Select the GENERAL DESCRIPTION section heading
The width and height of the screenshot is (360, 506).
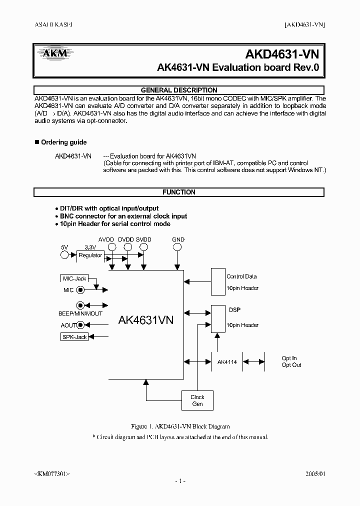(x=179, y=90)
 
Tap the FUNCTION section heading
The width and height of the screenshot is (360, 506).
(x=179, y=192)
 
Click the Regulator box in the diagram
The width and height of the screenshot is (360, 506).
(x=90, y=255)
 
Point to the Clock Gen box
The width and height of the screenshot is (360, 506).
(x=197, y=400)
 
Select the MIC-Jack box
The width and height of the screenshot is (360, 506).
(x=74, y=278)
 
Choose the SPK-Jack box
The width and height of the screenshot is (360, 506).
(x=74, y=337)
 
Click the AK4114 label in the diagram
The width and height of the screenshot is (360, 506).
(x=227, y=361)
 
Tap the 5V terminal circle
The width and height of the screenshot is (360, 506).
(x=64, y=255)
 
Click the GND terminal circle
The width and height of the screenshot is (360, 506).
(x=177, y=247)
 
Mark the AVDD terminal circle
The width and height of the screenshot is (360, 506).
(x=112, y=247)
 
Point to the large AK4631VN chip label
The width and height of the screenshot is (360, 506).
(x=145, y=320)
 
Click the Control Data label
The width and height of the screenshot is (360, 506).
(x=242, y=276)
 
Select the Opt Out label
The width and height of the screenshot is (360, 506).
(x=291, y=365)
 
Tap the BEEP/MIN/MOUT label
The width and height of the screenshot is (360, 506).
(x=80, y=313)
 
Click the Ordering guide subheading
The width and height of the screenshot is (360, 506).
(x=63, y=142)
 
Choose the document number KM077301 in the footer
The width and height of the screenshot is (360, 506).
(x=51, y=472)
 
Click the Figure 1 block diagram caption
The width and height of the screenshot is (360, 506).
(x=179, y=426)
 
